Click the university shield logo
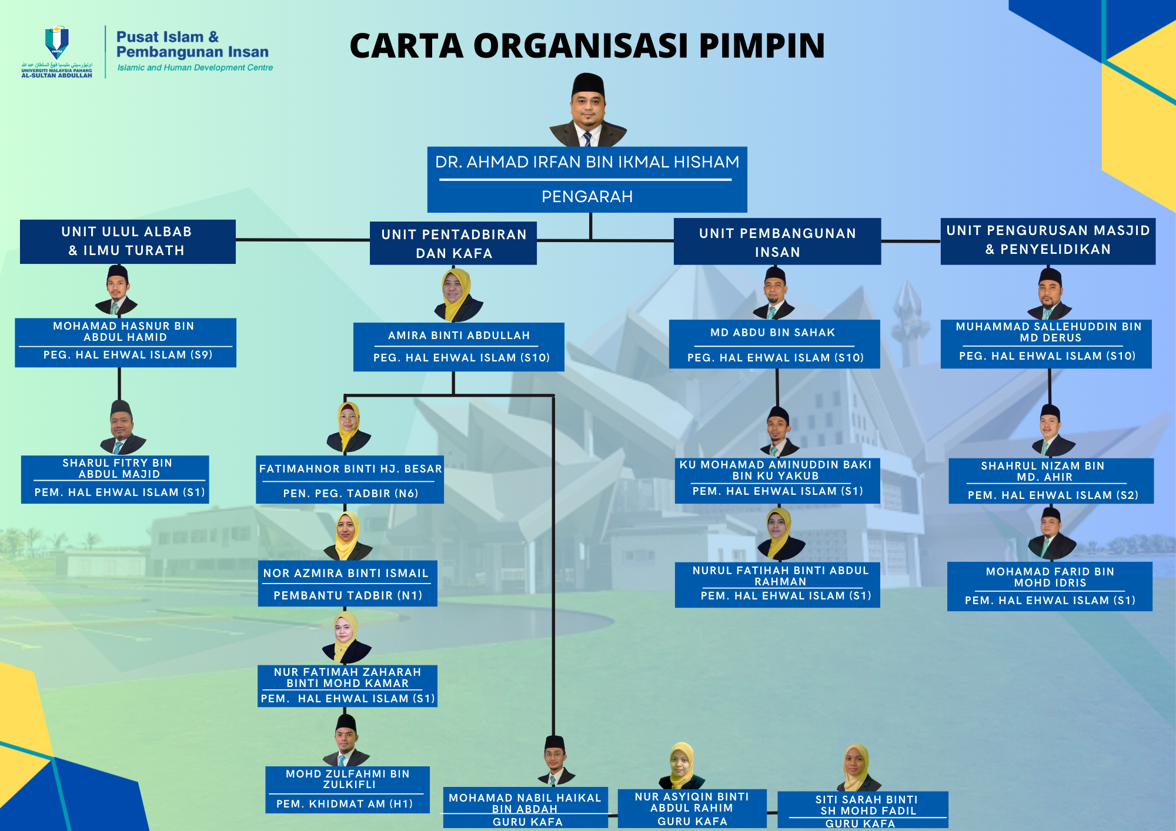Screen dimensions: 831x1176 pos(57,42)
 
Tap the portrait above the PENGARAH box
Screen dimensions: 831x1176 pos(588,110)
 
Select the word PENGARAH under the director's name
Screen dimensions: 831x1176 pos(587,196)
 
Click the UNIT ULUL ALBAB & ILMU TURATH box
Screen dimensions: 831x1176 pos(128,242)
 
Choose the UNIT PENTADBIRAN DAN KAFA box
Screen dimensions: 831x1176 pos(453,243)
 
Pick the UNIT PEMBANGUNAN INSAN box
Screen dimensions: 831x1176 pos(777,242)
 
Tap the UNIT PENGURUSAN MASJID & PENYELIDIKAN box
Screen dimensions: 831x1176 pos(1048,241)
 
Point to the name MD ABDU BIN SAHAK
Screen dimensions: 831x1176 pos(773,333)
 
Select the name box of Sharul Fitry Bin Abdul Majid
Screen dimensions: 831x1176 pos(115,479)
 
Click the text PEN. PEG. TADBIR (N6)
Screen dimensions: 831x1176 pos(350,494)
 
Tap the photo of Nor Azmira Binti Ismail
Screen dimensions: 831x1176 pos(348,536)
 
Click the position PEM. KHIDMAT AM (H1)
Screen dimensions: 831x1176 pos(345,803)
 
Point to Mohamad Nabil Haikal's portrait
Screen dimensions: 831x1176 pos(554,761)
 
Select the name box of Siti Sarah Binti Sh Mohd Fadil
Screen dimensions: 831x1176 pos(863,809)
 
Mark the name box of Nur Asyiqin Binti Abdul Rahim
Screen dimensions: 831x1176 pos(692,808)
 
